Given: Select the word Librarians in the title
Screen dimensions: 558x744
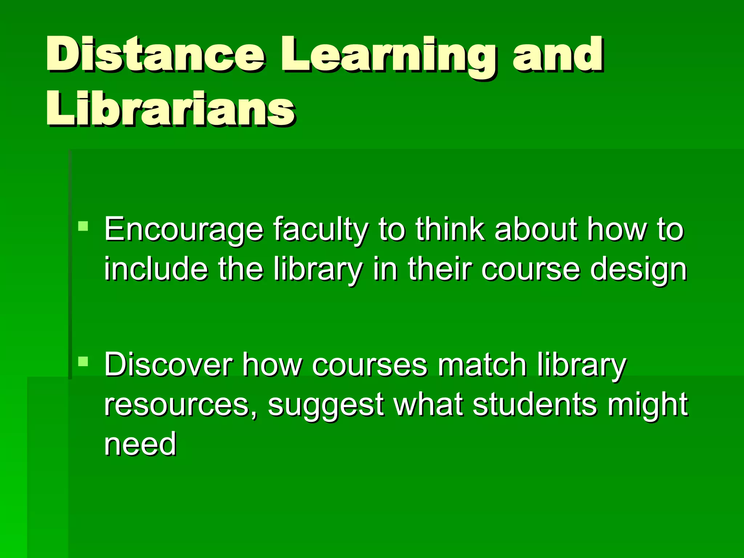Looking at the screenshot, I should (x=171, y=109).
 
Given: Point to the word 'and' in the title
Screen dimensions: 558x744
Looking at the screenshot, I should (x=558, y=54).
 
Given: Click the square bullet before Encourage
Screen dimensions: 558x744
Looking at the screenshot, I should (x=83, y=226).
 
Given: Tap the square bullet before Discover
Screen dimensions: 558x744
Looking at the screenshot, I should (x=83, y=361).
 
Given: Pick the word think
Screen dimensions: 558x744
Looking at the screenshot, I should (x=450, y=229).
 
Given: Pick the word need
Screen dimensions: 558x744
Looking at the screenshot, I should (x=140, y=444).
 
